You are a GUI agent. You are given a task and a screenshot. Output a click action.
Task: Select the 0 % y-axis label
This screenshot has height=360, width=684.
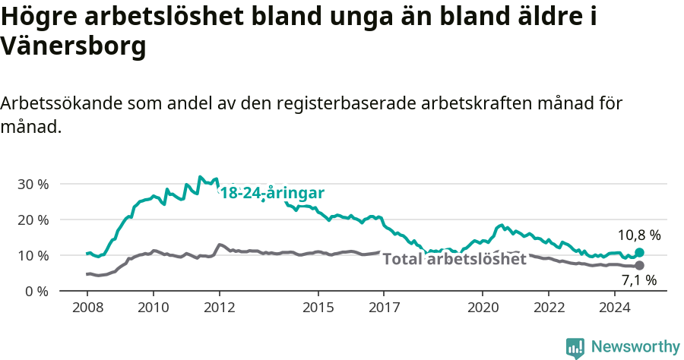(x=36, y=291)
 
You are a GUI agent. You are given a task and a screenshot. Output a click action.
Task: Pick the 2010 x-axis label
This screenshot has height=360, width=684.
(x=153, y=308)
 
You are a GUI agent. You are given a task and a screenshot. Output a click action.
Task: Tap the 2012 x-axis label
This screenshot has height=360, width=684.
(x=219, y=308)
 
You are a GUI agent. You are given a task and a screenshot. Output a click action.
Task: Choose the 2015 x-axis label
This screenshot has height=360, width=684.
(x=318, y=308)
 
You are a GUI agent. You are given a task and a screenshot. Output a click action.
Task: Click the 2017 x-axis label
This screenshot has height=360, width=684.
(x=384, y=308)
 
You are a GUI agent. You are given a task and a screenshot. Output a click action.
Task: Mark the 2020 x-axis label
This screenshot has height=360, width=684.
(x=483, y=308)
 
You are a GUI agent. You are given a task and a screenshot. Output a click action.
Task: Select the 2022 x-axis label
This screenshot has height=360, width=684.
(x=549, y=308)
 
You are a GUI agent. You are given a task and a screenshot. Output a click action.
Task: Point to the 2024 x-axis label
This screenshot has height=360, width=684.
(x=614, y=308)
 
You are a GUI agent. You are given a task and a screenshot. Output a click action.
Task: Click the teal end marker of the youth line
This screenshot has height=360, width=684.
(x=639, y=252)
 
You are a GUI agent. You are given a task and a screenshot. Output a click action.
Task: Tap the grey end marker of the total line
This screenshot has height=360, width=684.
(x=639, y=265)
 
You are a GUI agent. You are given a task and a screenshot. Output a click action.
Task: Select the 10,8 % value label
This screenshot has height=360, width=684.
(x=639, y=235)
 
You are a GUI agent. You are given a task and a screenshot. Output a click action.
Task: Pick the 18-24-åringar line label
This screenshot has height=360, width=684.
(x=272, y=193)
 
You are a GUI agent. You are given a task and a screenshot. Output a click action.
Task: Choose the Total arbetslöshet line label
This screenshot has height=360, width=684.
(x=454, y=259)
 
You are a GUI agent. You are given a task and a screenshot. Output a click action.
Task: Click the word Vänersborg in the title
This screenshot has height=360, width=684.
(x=73, y=47)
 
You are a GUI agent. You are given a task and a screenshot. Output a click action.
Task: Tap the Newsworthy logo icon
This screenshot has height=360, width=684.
(x=575, y=348)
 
